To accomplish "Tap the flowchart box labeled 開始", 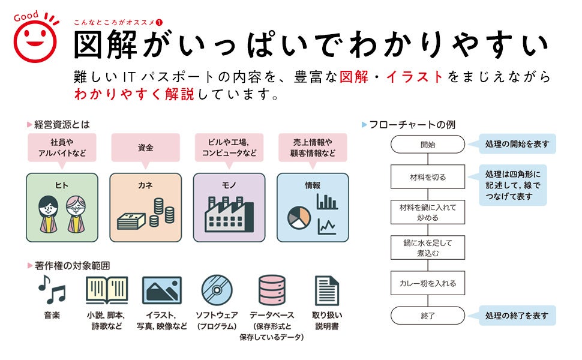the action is click(x=427, y=144).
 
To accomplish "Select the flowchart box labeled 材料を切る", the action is click(x=427, y=177).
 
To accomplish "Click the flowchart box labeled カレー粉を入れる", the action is click(x=427, y=283).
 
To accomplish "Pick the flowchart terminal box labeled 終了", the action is click(x=427, y=316).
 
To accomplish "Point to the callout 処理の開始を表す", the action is click(x=517, y=144).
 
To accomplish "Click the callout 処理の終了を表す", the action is click(x=517, y=316).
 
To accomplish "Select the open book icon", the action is click(x=107, y=290).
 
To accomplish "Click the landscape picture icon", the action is click(x=162, y=290).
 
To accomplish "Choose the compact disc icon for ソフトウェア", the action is click(x=217, y=290).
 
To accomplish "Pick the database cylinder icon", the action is click(x=271, y=290).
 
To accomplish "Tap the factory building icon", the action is click(x=229, y=214).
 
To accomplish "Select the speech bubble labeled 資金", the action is click(x=145, y=147).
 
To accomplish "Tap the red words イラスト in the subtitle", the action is click(x=415, y=77).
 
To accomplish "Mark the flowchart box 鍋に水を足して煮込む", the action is click(x=427, y=248).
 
